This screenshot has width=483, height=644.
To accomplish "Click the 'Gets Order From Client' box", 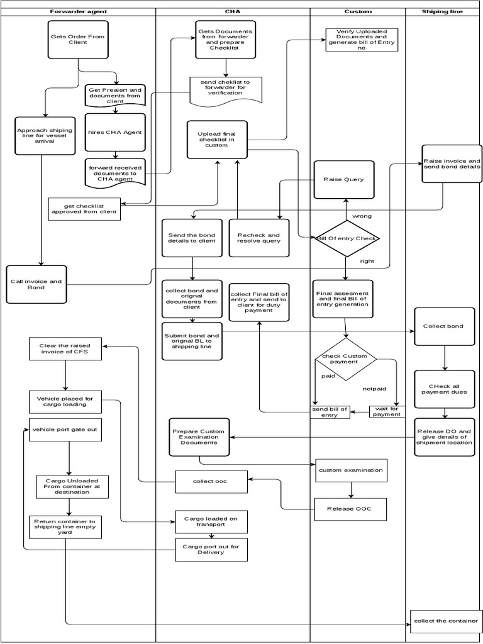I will (x=78, y=40).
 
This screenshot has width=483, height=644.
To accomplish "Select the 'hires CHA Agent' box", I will (x=115, y=132).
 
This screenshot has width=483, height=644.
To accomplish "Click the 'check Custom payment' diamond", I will (x=345, y=360).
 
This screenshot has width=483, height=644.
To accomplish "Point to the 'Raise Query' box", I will (x=344, y=180).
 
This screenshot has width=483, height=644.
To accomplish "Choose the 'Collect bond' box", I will (x=445, y=326).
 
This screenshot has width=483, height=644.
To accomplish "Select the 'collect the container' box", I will (x=445, y=621).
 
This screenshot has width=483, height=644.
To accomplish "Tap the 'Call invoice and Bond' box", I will (x=36, y=284).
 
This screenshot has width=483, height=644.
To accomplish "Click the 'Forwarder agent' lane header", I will (x=78, y=11).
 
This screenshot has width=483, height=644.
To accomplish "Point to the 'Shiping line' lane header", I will (x=443, y=11).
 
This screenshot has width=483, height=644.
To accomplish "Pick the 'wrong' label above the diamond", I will (x=362, y=216).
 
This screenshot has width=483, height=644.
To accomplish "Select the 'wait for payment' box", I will (x=387, y=411).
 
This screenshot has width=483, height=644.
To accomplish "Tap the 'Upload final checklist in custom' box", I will (x=216, y=140).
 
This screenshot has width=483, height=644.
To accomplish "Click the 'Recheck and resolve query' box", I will (x=258, y=238).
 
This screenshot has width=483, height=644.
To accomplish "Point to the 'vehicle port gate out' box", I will (x=65, y=430).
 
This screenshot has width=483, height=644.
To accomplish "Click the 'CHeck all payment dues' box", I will (x=444, y=389).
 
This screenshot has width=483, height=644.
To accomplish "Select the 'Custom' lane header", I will (x=358, y=11).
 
